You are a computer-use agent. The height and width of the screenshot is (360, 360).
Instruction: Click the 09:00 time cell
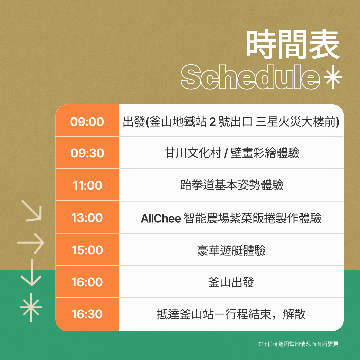(x=87, y=121)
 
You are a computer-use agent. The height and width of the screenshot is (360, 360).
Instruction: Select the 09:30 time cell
(x=87, y=153)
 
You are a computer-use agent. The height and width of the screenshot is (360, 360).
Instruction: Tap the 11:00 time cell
(x=87, y=185)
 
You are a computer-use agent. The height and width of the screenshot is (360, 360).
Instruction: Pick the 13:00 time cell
(x=87, y=217)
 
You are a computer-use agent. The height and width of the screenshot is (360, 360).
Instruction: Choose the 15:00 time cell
(x=87, y=250)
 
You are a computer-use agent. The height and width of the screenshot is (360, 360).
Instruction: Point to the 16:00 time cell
(x=87, y=282)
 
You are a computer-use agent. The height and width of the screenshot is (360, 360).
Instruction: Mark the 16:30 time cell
(x=87, y=314)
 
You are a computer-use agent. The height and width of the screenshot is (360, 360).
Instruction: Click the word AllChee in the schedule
(x=161, y=218)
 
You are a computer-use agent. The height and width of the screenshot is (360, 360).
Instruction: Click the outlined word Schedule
(x=250, y=77)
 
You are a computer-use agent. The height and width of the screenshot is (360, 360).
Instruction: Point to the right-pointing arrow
(x=31, y=243)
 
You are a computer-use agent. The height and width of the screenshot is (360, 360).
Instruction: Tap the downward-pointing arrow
(x=31, y=273)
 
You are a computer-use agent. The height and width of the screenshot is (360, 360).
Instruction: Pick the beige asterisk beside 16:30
(x=31, y=307)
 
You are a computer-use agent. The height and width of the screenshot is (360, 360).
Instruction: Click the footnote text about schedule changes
(x=299, y=344)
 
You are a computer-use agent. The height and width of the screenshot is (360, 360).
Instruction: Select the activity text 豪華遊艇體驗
(x=231, y=250)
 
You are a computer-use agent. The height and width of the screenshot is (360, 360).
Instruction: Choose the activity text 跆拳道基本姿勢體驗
(x=231, y=185)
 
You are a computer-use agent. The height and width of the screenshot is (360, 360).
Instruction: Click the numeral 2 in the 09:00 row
(x=212, y=122)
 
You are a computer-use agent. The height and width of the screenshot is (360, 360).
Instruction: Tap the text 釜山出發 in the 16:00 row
(x=231, y=282)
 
